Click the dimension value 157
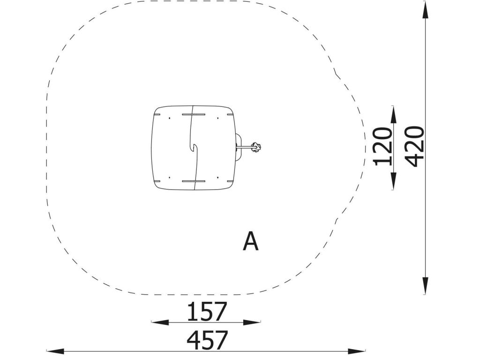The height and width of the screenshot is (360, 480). pyautogui.click(x=207, y=311)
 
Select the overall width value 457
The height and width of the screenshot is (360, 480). pyautogui.click(x=207, y=340)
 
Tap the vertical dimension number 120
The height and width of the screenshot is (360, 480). pyautogui.click(x=382, y=146)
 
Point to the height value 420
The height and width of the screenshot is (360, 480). pyautogui.click(x=414, y=146)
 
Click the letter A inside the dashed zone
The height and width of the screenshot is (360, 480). pyautogui.click(x=250, y=241)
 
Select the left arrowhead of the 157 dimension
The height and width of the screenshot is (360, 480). pyautogui.click(x=160, y=322)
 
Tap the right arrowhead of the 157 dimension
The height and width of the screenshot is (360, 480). pyautogui.click(x=252, y=322)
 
